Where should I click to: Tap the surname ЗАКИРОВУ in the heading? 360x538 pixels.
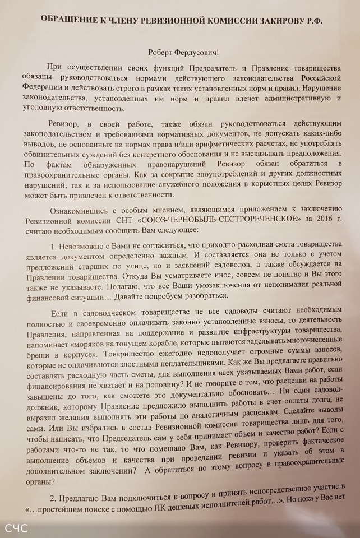[280, 20]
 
